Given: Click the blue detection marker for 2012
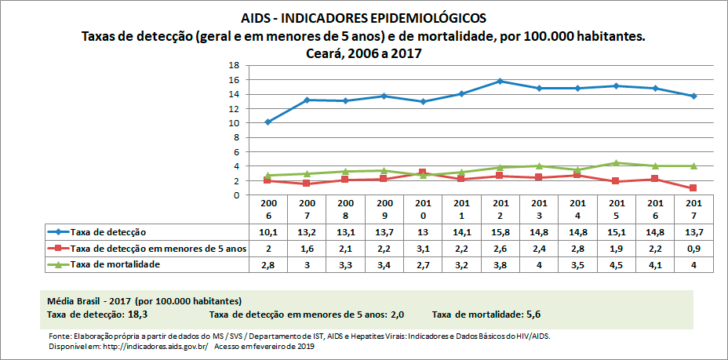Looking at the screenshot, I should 500,81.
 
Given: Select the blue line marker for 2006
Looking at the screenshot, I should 268,122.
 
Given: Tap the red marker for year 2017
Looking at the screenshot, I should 694,188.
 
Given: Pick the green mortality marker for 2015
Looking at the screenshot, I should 617,163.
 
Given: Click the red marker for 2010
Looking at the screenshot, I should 423,173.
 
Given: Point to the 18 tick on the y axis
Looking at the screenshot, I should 234,66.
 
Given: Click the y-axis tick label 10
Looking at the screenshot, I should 234,123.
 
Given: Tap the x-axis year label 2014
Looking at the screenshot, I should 577,209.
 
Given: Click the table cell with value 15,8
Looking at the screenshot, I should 500,232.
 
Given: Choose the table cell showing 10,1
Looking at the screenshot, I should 268,232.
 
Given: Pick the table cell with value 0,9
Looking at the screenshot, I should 694,249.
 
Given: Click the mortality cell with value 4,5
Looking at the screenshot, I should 617,265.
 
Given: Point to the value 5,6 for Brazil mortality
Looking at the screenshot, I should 533,314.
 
